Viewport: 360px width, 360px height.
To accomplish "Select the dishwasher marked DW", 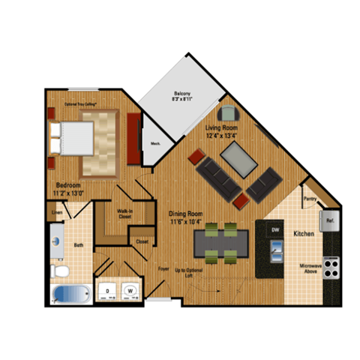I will point(274,229).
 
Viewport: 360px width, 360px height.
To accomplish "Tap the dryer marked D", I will point(108,289).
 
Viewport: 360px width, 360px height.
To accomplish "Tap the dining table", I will point(221,242).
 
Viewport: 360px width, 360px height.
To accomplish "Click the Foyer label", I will point(161,266).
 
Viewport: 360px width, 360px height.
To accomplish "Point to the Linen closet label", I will point(55,213).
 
